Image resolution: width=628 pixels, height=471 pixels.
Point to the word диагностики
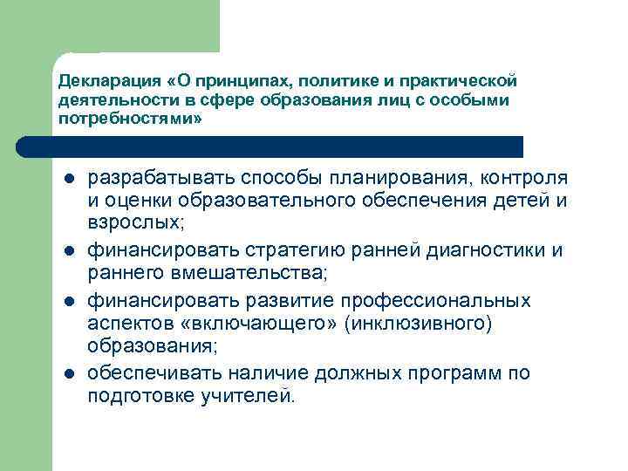coord(481,252)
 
